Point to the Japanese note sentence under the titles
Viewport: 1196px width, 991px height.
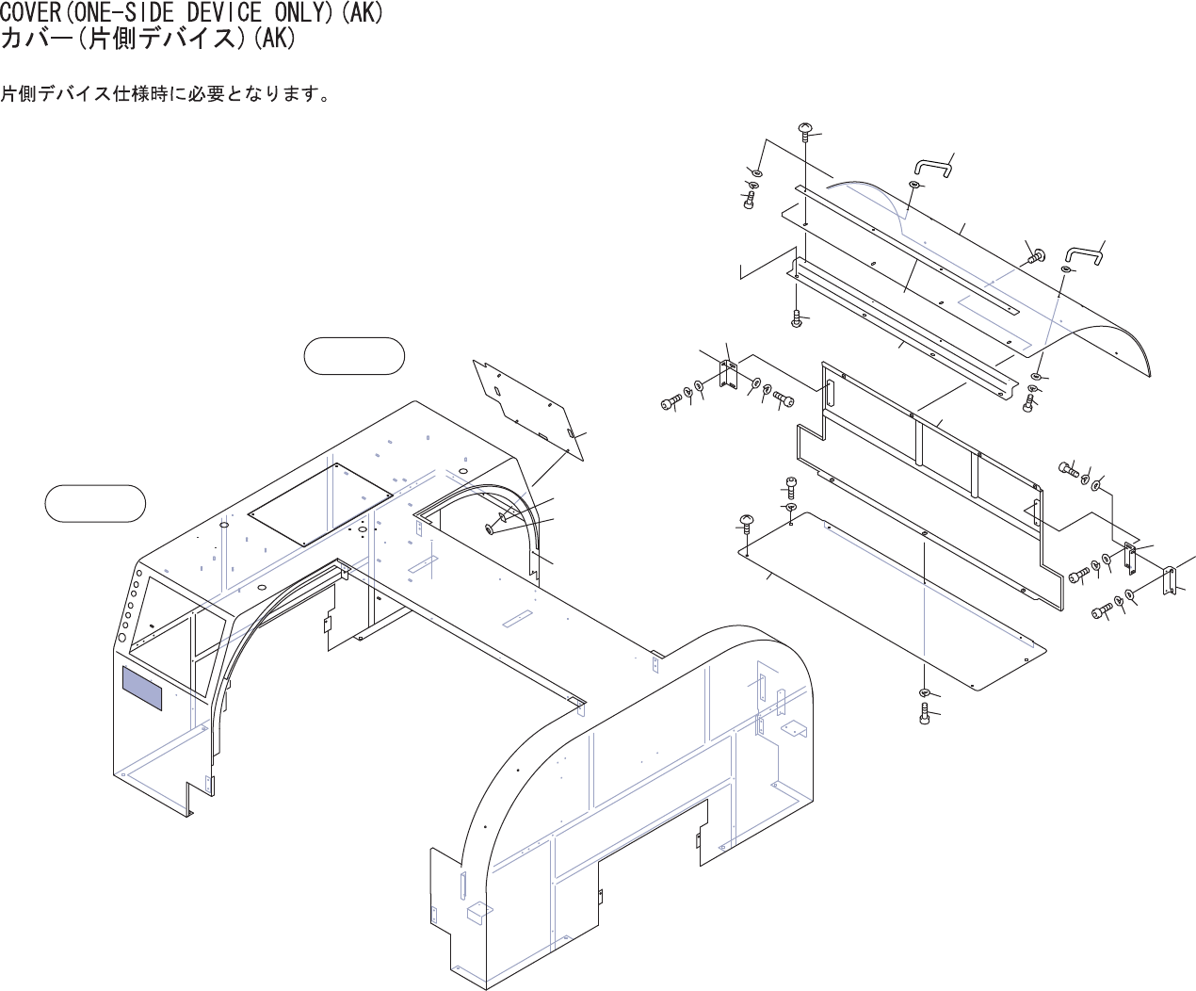(165, 95)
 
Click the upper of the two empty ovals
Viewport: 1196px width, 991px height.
(355, 356)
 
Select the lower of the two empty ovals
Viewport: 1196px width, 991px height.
(95, 503)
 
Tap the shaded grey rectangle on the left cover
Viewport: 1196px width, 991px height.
(141, 688)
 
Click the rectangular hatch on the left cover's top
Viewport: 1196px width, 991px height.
(321, 503)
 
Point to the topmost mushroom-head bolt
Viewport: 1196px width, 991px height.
(805, 130)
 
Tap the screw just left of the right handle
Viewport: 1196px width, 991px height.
(1037, 254)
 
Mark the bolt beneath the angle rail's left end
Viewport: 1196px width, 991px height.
(797, 318)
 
